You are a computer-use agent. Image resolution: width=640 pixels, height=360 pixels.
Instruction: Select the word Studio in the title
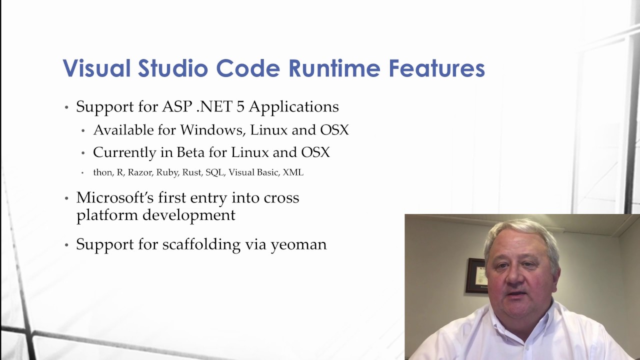pyautogui.click(x=172, y=68)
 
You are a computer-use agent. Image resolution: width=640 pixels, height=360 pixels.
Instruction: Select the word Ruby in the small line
pyautogui.click(x=166, y=172)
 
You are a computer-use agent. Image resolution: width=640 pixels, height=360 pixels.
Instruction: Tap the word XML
pyautogui.click(x=293, y=172)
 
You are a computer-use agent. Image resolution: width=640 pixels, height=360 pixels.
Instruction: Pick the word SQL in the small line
pyautogui.click(x=214, y=172)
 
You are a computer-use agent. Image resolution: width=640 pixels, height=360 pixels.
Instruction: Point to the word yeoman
pyautogui.click(x=298, y=244)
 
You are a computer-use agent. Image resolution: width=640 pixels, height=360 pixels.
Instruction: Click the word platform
pyautogui.click(x=107, y=215)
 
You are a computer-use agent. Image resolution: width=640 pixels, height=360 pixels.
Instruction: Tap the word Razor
pyautogui.click(x=139, y=172)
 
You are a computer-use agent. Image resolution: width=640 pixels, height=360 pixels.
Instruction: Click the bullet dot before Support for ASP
pyautogui.click(x=66, y=107)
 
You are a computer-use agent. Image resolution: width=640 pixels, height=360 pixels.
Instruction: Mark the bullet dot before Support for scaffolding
pyautogui.click(x=66, y=245)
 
